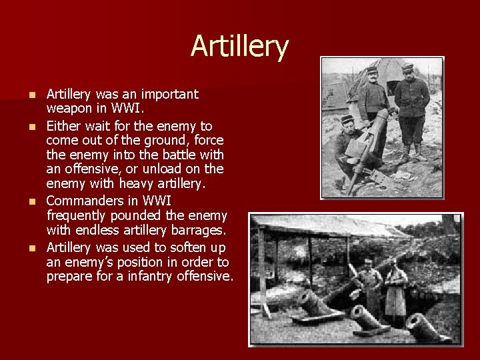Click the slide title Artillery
point(239,47)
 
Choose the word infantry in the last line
point(144,276)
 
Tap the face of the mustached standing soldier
point(371,75)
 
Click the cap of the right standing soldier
point(407,67)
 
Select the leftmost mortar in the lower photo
point(312,303)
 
